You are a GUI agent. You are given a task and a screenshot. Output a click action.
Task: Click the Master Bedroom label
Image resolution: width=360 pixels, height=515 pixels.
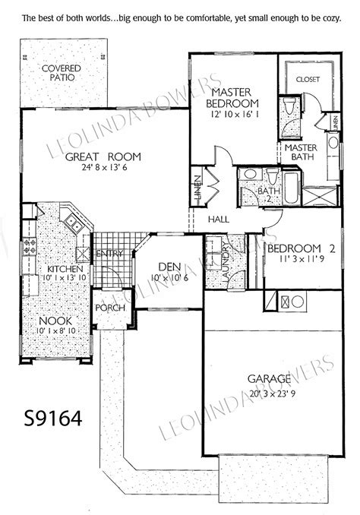click(236, 97)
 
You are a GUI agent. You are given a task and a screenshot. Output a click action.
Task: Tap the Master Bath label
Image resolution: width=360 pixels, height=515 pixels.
click(300, 152)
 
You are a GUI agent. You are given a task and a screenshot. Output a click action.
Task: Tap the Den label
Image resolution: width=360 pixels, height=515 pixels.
click(168, 267)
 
